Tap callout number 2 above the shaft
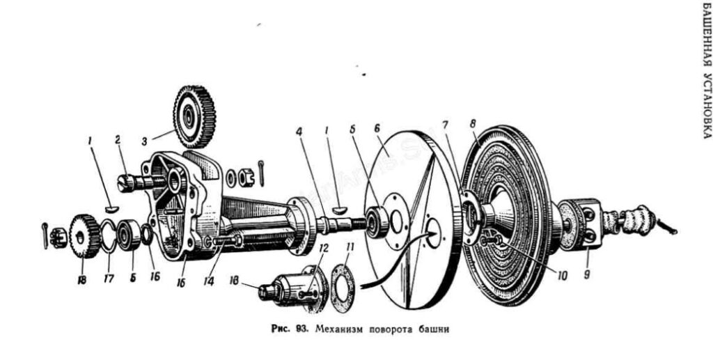tap(118, 139)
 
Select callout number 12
tap(322, 249)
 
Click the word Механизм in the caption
tap(339, 329)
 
